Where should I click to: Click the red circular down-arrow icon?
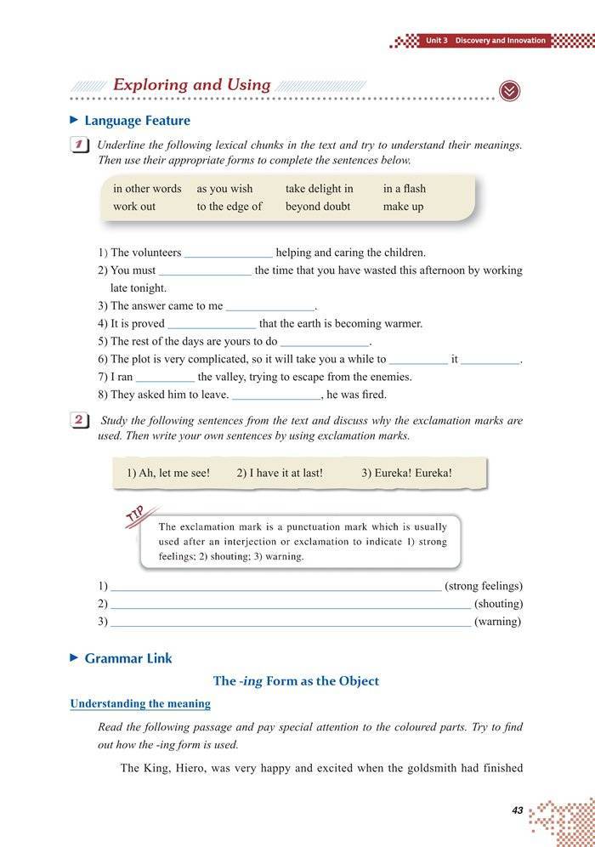pyautogui.click(x=509, y=91)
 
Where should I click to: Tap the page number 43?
pyautogui.click(x=518, y=810)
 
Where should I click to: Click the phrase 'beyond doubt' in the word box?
pyautogui.click(x=318, y=207)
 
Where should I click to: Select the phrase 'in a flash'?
pyautogui.click(x=405, y=189)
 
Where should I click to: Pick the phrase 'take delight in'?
pyautogui.click(x=320, y=189)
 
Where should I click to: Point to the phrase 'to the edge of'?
pyautogui.click(x=229, y=207)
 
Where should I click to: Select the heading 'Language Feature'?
pyautogui.click(x=137, y=121)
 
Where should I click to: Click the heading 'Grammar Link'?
pyautogui.click(x=127, y=658)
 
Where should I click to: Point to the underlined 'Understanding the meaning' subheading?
pyautogui.click(x=140, y=704)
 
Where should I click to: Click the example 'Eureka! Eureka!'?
pyautogui.click(x=406, y=473)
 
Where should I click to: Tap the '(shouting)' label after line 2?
pyautogui.click(x=498, y=604)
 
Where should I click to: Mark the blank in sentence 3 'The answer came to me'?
pyautogui.click(x=270, y=307)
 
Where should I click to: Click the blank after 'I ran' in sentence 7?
pyautogui.click(x=165, y=378)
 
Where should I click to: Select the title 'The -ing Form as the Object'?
pyautogui.click(x=296, y=681)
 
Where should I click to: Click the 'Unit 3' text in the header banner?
pyautogui.click(x=437, y=41)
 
